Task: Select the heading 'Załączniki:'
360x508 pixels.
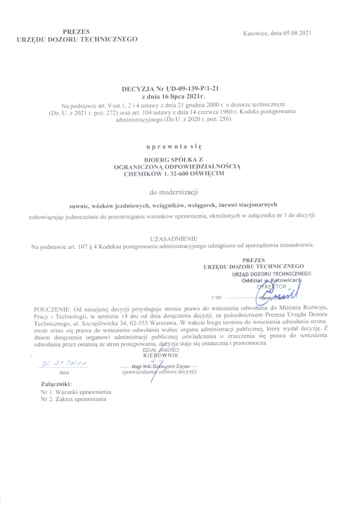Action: click(56, 383)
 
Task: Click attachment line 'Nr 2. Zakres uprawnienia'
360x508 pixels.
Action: click(76, 398)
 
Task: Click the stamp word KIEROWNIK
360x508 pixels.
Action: click(159, 356)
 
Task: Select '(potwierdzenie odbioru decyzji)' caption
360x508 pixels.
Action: click(160, 372)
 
